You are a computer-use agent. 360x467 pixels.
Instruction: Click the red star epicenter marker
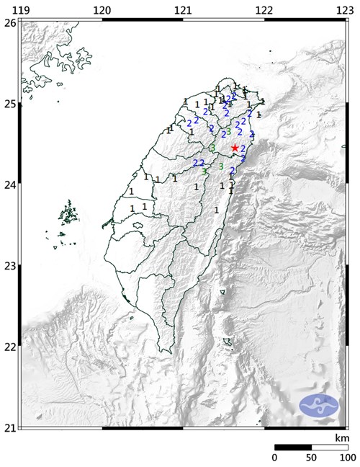pyautogui.click(x=235, y=147)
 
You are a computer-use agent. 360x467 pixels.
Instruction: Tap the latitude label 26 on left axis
pyautogui.click(x=9, y=22)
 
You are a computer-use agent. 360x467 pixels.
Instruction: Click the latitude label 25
pyautogui.click(x=9, y=104)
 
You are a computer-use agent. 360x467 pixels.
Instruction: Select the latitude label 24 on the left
pyautogui.click(x=9, y=184)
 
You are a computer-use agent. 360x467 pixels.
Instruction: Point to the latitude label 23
pyautogui.click(x=9, y=266)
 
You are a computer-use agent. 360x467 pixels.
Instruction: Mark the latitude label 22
pyautogui.click(x=9, y=347)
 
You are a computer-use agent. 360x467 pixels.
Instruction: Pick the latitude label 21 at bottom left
pyautogui.click(x=9, y=428)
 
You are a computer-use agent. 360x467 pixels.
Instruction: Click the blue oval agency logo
pyautogui.click(x=319, y=405)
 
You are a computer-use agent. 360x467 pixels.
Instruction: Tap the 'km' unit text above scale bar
pyautogui.click(x=341, y=438)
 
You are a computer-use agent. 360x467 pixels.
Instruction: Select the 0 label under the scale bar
pyautogui.click(x=274, y=458)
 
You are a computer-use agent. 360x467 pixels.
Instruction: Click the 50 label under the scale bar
pyautogui.click(x=310, y=458)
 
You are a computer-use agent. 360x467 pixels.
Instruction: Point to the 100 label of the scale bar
pyautogui.click(x=346, y=458)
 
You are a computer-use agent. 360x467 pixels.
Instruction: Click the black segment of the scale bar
pyautogui.click(x=292, y=447)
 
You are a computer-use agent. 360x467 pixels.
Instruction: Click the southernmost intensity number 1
pyautogui.click(x=217, y=210)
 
